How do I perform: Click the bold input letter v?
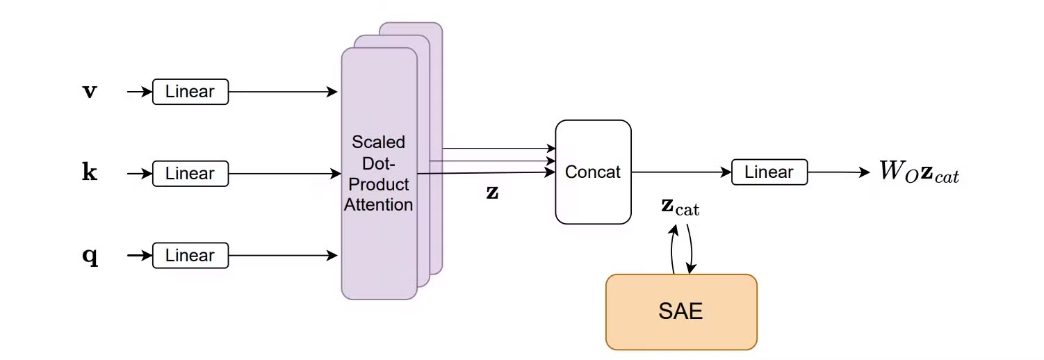(x=90, y=92)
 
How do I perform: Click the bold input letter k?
(x=90, y=173)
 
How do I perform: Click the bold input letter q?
(x=90, y=256)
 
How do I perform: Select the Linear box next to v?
(x=190, y=92)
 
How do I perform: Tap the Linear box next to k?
(x=190, y=173)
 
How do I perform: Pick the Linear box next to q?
(x=190, y=256)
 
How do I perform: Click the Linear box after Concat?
(x=769, y=172)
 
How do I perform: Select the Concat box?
(x=593, y=172)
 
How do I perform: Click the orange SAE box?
(x=680, y=311)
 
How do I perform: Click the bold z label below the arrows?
(x=492, y=193)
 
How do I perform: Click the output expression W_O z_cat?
(x=919, y=172)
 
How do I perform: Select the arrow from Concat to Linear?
(x=681, y=172)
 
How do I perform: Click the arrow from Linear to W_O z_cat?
(x=838, y=172)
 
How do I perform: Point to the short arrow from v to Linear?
(x=139, y=92)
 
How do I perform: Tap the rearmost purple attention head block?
(x=436, y=42)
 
